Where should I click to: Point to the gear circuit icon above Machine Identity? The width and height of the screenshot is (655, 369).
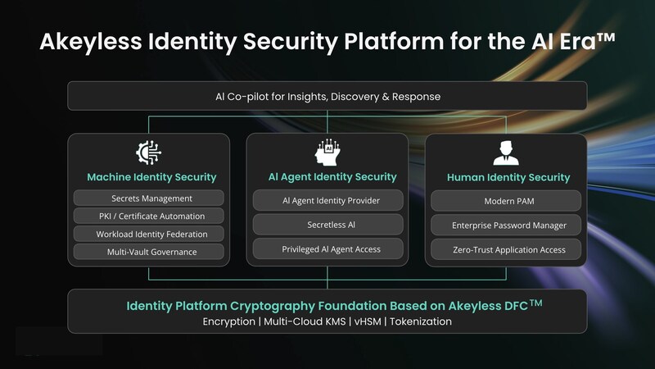pyautogui.click(x=149, y=153)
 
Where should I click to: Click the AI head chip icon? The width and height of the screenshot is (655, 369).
pyautogui.click(x=327, y=153)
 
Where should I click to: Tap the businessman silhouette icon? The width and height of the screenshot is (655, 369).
pyautogui.click(x=506, y=153)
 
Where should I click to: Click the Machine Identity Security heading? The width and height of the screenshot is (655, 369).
pyautogui.click(x=151, y=177)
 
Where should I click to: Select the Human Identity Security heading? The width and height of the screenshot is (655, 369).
pyautogui.click(x=508, y=178)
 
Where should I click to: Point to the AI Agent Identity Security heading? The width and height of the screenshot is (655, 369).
pyautogui.click(x=332, y=177)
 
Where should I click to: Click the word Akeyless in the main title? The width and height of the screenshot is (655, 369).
pyautogui.click(x=91, y=43)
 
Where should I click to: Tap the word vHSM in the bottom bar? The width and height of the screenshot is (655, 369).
pyautogui.click(x=368, y=321)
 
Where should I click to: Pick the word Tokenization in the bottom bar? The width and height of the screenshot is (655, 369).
pyautogui.click(x=421, y=321)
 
